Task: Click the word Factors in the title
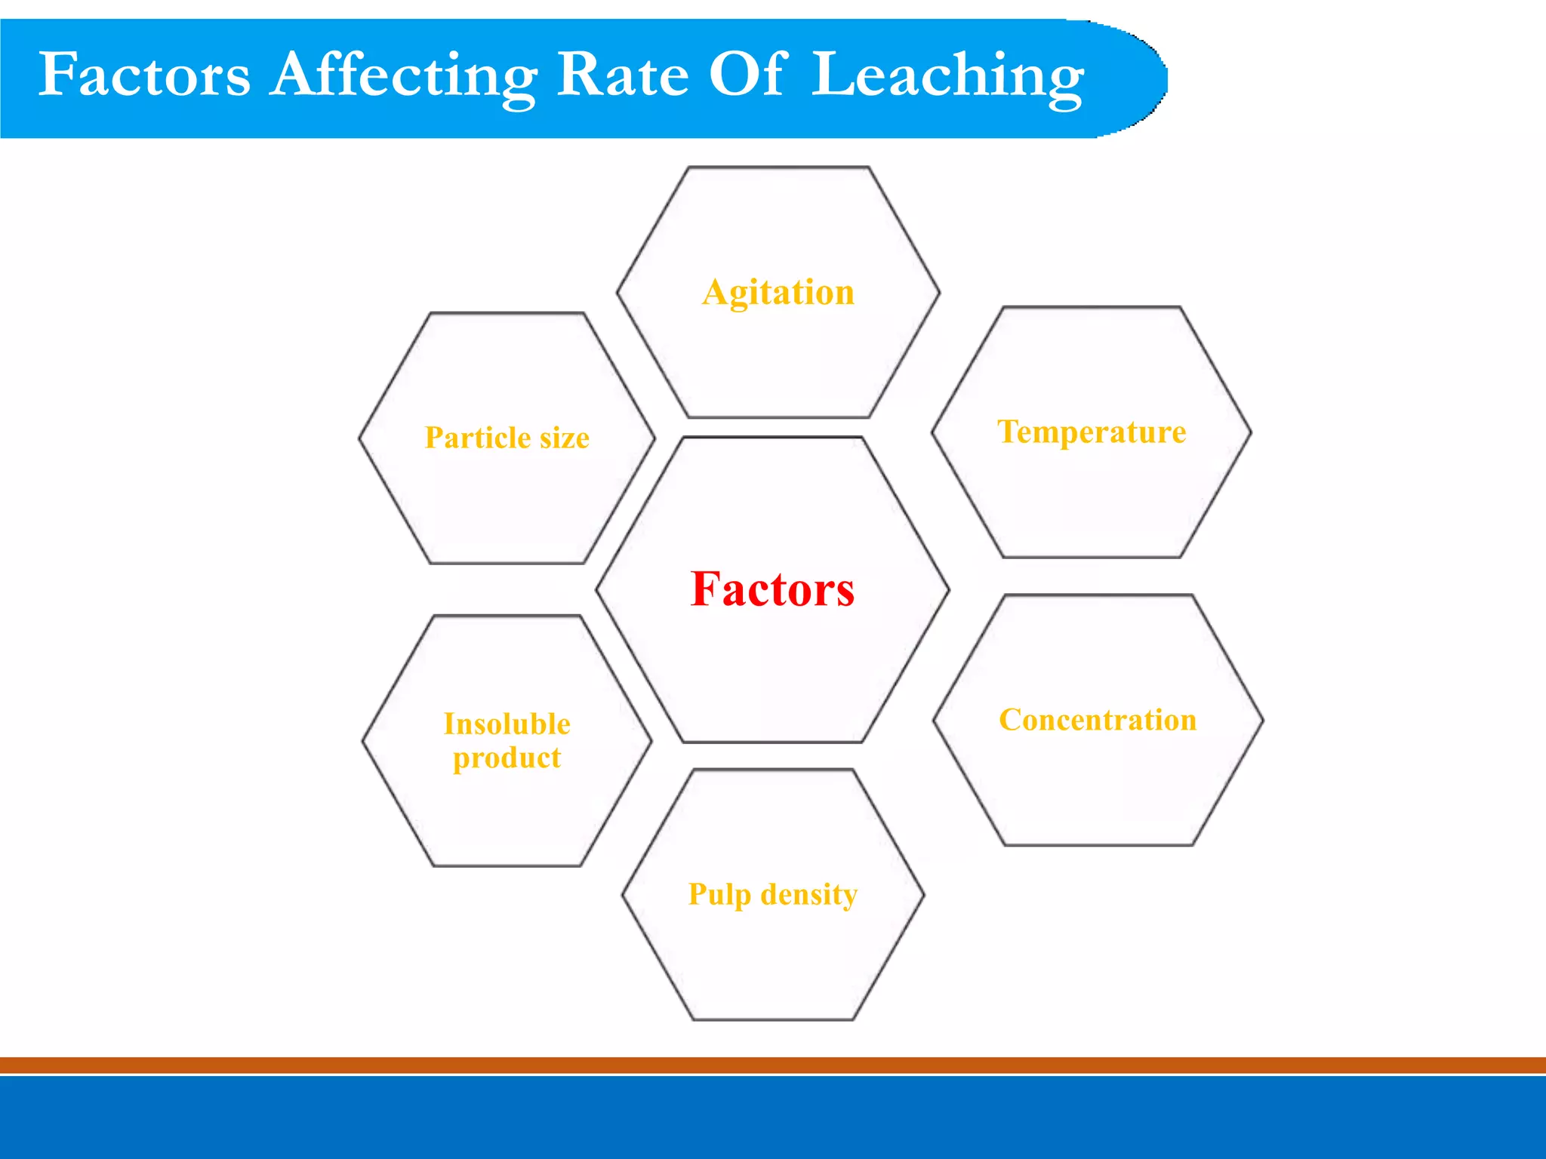(x=143, y=75)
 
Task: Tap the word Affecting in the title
(x=404, y=75)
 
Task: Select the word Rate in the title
(x=623, y=75)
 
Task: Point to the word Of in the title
(x=747, y=75)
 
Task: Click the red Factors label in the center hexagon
(x=772, y=589)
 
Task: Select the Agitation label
(x=778, y=293)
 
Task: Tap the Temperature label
(x=1092, y=432)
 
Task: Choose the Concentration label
(x=1098, y=720)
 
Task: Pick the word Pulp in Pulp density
(x=719, y=896)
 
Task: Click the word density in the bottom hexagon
(x=809, y=895)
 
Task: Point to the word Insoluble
(x=507, y=724)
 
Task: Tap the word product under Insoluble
(x=507, y=758)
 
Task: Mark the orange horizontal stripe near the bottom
(x=773, y=1065)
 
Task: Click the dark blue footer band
(x=773, y=1118)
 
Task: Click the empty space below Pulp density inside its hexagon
(x=773, y=966)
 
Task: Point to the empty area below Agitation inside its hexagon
(x=778, y=362)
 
